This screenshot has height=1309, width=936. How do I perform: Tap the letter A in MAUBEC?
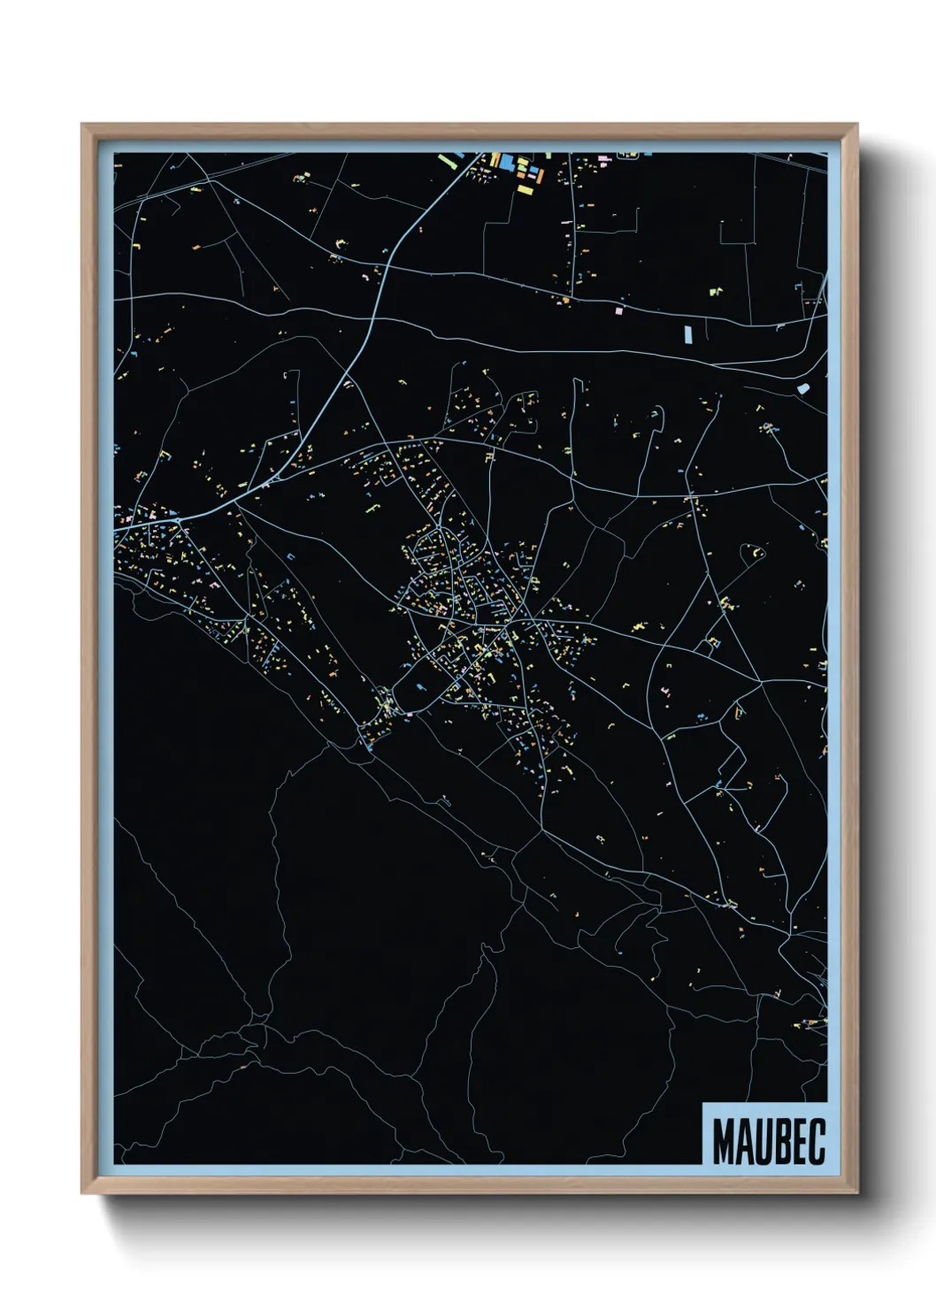pyautogui.click(x=744, y=1143)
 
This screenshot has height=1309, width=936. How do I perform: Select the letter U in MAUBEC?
pyautogui.click(x=763, y=1143)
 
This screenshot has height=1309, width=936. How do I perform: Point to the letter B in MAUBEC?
pyautogui.click(x=782, y=1143)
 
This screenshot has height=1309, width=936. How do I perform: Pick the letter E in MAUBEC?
pyautogui.click(x=800, y=1143)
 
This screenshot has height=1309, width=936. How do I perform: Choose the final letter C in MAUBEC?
pyautogui.click(x=817, y=1143)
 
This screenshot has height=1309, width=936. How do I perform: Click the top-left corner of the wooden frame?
pyautogui.click(x=83, y=126)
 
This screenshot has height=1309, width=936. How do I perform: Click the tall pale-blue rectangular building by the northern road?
pyautogui.click(x=687, y=335)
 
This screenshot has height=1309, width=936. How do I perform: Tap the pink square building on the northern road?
pyautogui.click(x=618, y=310)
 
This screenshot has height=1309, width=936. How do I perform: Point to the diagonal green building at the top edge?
pyautogui.click(x=445, y=162)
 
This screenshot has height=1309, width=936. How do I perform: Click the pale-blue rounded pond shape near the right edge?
pyautogui.click(x=802, y=387)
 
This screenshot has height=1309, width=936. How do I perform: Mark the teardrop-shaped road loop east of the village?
pyautogui.click(x=756, y=553)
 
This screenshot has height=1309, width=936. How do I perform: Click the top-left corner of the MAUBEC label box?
pyautogui.click(x=703, y=1103)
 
